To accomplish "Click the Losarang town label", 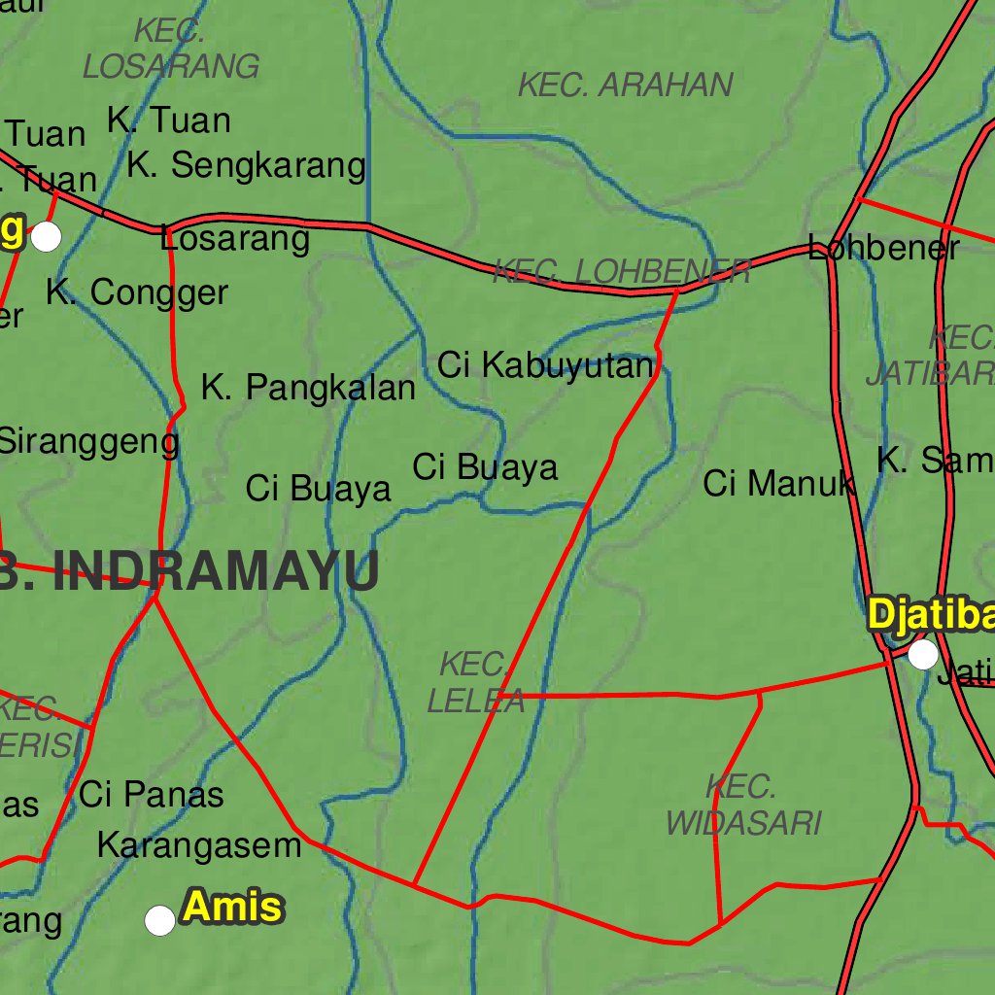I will point(235,238).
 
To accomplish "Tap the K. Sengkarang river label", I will point(246,166).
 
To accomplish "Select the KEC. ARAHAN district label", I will point(625,86).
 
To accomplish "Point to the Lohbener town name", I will point(883,249).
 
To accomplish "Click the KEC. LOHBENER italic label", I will point(622,271).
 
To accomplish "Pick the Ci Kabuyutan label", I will point(545,366).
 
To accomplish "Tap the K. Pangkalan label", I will point(308,388).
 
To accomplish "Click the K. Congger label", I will point(137,292).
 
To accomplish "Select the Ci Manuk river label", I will point(778,483).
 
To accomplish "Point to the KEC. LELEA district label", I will point(475,683).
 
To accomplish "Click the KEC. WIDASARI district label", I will point(743,805).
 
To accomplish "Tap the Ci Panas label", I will point(152,795).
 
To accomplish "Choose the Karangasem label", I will point(199,845).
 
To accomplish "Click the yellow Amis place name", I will point(232,908).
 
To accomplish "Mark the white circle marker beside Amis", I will point(159,919).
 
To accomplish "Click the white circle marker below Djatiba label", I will point(922,655).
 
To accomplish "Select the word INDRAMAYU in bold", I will point(215,572).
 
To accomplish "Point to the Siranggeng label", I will point(87,441).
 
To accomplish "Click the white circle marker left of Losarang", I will point(46,236).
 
